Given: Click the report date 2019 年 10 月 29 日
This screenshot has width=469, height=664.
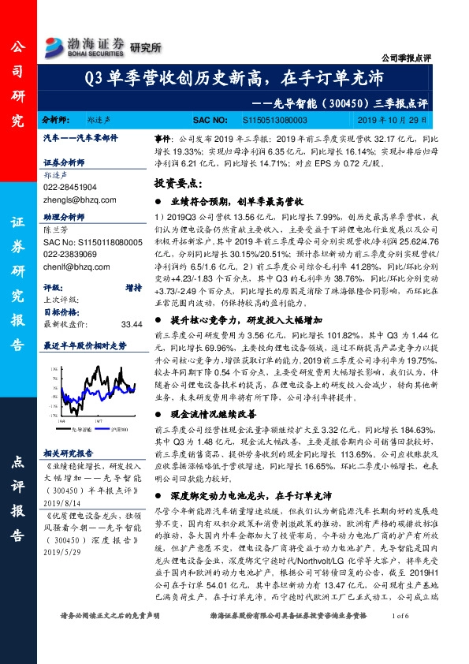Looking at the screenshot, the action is tap(395, 121).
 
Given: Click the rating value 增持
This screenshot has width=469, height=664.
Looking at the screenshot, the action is tap(131, 267).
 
